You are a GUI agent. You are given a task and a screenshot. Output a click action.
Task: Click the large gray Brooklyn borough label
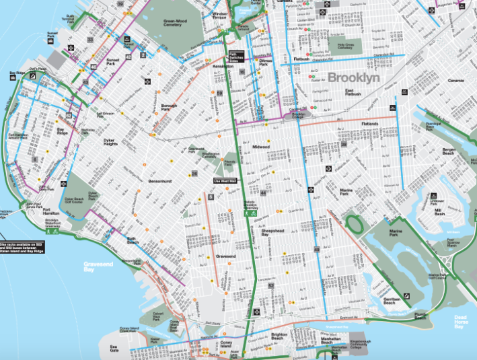353,77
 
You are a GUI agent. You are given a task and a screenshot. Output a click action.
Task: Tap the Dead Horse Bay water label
460,322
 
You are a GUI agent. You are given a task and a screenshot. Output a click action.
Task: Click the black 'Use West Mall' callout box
222,180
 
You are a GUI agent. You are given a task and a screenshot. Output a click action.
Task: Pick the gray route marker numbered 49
316,251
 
